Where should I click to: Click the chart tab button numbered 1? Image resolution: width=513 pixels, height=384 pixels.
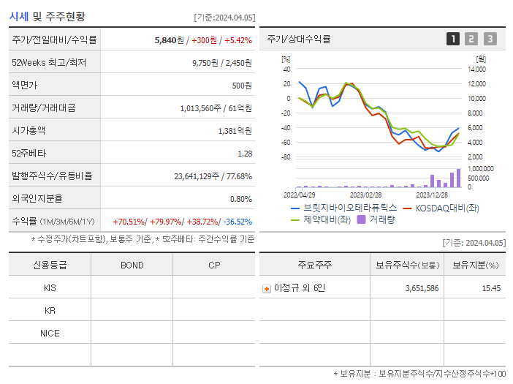453,39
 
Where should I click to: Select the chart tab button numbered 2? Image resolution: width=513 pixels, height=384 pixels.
471,39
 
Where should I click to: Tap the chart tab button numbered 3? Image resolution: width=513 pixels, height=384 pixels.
490,39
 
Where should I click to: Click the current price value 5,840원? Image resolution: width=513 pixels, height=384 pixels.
167,40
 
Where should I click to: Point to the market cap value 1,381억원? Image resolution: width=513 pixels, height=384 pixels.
235,131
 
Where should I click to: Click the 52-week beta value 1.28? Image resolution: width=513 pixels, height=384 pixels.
245,154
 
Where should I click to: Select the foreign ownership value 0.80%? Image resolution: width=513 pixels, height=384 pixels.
241,198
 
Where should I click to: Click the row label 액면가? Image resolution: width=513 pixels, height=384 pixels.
24,86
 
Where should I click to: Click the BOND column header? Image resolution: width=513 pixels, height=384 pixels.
132,265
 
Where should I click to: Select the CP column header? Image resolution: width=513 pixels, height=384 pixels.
213,265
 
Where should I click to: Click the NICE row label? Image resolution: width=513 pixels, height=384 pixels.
50,333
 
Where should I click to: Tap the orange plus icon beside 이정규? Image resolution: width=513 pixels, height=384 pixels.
267,288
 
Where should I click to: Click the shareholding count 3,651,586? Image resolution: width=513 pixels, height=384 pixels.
422,288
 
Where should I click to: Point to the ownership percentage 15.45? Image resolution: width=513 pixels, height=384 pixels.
491,288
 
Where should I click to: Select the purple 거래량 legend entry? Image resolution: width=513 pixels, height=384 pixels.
377,219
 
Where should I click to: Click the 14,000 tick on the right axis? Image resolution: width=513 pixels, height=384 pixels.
476,69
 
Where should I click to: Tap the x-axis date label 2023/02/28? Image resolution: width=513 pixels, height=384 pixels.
365,195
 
